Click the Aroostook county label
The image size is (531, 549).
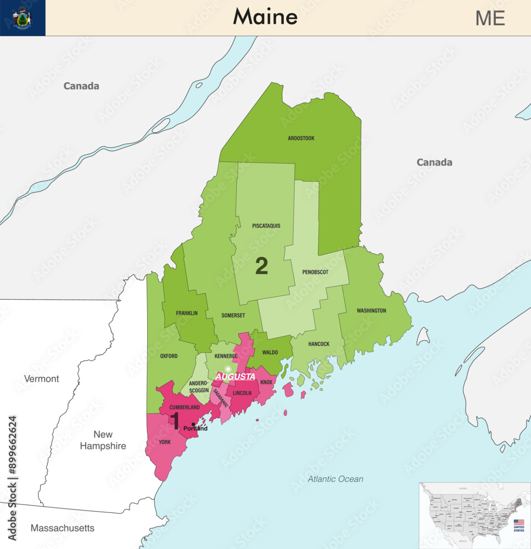[x=301, y=138]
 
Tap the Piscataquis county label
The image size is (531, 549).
[x=266, y=226]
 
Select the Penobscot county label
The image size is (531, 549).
[x=315, y=272]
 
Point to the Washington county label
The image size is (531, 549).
[x=371, y=311]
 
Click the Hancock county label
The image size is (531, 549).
[x=318, y=344]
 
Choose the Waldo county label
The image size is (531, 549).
[x=270, y=352]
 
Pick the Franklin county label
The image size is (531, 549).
[x=187, y=313]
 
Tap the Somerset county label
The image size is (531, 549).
[x=233, y=315]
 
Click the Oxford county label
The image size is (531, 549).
[x=169, y=356]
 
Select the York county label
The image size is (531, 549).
[x=164, y=442]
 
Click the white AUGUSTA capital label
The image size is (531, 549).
[x=235, y=377]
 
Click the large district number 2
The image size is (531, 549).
[x=262, y=267]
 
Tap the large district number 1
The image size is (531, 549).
[x=175, y=419]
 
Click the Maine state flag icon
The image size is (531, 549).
[x=23, y=18]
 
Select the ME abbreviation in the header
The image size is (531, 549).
[x=490, y=18]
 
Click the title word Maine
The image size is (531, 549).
[x=265, y=17]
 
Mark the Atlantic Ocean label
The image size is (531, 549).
[x=335, y=479]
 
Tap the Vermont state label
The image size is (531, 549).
[x=41, y=379]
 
